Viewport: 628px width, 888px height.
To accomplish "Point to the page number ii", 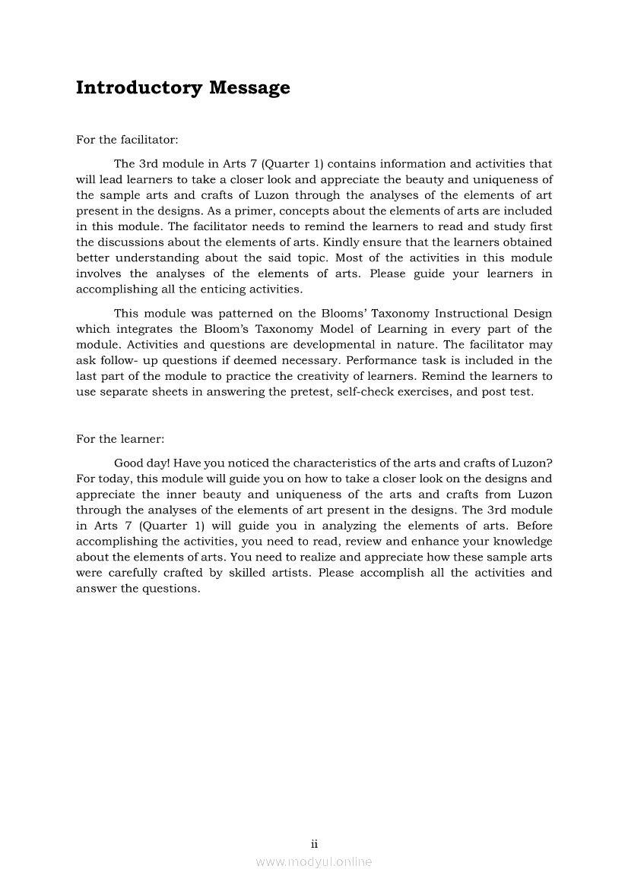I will (x=314, y=844).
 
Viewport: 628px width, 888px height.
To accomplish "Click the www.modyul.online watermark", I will (x=314, y=862).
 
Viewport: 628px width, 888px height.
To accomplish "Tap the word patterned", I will (x=245, y=314).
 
